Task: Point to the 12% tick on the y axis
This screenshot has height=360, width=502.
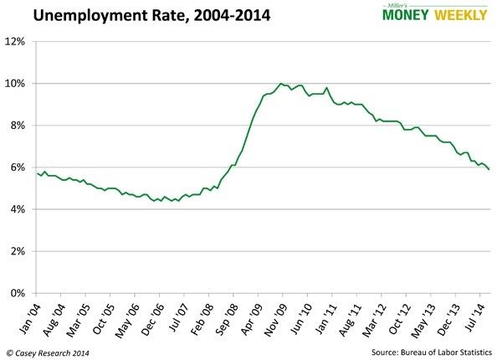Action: click(18, 42)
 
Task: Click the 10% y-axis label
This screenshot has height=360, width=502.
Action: click(18, 84)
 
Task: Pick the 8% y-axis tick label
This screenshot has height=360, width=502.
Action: click(20, 126)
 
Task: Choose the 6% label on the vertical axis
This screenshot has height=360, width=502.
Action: click(20, 167)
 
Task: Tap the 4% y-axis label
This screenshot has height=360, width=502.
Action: click(20, 209)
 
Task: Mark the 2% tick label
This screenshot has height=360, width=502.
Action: click(20, 251)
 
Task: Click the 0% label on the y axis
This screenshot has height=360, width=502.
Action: click(20, 293)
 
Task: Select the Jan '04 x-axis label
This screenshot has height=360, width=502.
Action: click(29, 313)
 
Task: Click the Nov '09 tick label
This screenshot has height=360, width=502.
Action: click(277, 313)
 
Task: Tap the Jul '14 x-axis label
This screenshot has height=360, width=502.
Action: click(476, 313)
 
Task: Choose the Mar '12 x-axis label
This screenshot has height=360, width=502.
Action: click(376, 313)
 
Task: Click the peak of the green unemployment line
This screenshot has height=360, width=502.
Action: click(280, 84)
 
